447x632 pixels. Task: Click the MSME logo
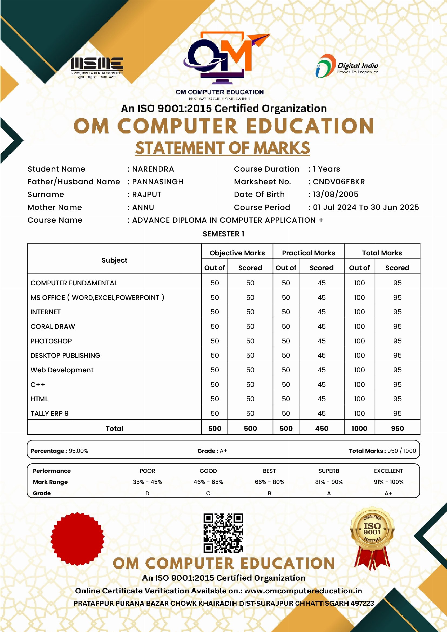click(x=97, y=67)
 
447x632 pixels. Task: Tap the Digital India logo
click(x=346, y=66)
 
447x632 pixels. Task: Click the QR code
click(x=223, y=533)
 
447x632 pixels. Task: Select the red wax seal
click(x=77, y=539)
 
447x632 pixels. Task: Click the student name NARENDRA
click(x=153, y=169)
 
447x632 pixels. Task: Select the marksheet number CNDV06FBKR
click(x=339, y=182)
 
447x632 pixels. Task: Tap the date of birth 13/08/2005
click(x=336, y=194)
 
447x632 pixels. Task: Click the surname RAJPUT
click(x=147, y=194)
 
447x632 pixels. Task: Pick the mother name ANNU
click(x=143, y=207)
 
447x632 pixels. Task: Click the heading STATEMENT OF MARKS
click(x=222, y=148)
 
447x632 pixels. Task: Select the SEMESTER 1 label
click(x=223, y=234)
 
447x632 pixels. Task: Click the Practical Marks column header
click(x=308, y=253)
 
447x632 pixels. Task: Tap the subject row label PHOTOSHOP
click(x=51, y=341)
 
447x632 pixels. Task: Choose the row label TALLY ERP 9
click(x=49, y=413)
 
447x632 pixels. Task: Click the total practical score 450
click(x=322, y=428)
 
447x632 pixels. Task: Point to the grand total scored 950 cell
click(x=397, y=428)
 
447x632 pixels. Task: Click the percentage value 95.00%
click(x=78, y=451)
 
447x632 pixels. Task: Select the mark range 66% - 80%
click(x=269, y=482)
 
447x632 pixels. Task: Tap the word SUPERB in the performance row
click(x=329, y=471)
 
